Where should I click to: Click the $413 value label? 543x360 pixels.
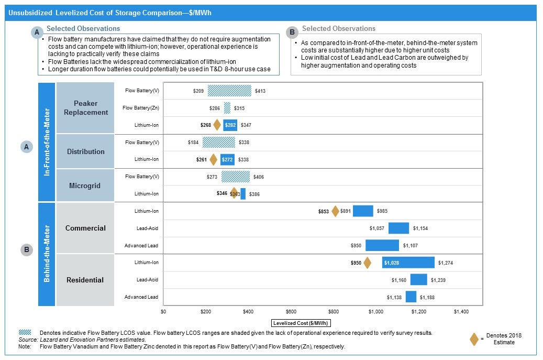click(x=260, y=91)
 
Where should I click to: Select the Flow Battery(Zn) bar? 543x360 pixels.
click(x=227, y=108)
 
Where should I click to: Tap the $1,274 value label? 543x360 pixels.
click(x=446, y=263)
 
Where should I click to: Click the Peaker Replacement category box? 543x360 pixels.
click(x=85, y=108)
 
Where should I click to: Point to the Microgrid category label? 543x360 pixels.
click(x=85, y=186)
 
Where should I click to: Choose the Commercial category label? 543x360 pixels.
click(x=85, y=228)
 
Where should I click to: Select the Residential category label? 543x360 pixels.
click(x=85, y=280)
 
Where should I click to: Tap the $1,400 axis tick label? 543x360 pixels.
click(x=461, y=311)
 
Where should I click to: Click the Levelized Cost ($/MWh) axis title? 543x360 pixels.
click(x=302, y=323)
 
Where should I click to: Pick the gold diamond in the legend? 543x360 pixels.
click(x=474, y=339)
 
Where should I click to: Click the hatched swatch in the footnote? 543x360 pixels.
click(x=25, y=333)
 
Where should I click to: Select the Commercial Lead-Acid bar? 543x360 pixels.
click(x=398, y=228)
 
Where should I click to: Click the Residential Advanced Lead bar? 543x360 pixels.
click(x=411, y=297)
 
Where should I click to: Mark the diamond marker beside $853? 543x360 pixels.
click(x=336, y=211)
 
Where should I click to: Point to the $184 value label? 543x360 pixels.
click(x=193, y=142)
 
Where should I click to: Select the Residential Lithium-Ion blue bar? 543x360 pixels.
click(x=408, y=263)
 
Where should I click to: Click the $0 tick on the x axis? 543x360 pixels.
click(x=163, y=311)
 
